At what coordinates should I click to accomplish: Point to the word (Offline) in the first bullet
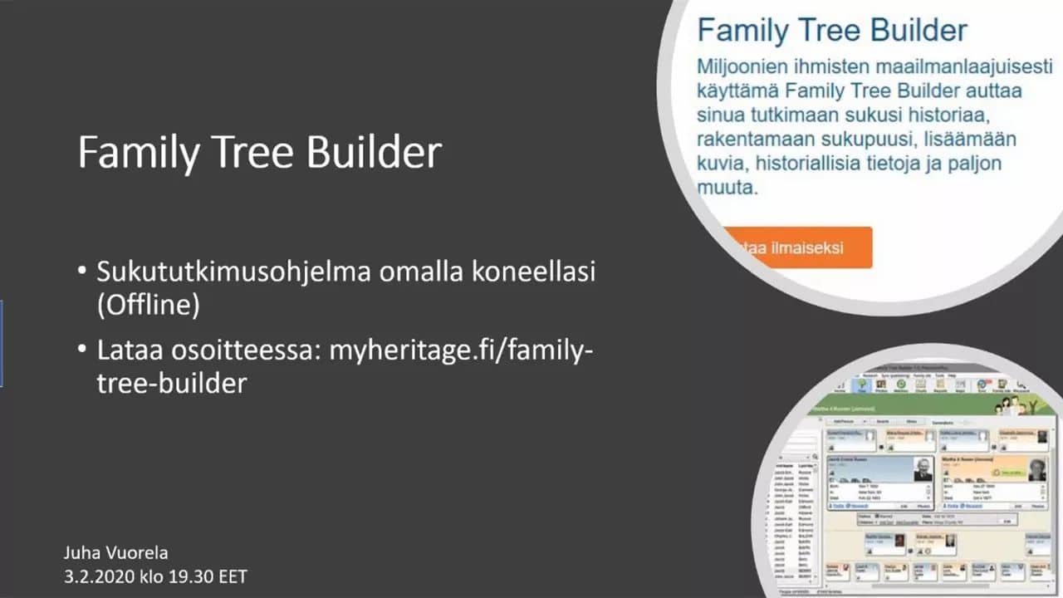tap(149, 305)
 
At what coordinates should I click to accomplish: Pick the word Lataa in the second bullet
tap(124, 350)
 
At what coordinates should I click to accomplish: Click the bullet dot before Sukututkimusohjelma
tap(81, 272)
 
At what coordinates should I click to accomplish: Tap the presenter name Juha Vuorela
tap(115, 552)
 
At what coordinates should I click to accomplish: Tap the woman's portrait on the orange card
tap(1035, 470)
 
